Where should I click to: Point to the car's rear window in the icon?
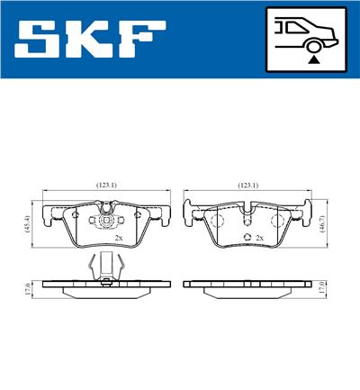point(298,29)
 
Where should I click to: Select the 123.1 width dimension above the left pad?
point(107,185)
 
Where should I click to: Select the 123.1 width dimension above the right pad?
point(247,185)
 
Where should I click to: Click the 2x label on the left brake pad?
point(119,239)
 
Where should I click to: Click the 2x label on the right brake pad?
point(259,239)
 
